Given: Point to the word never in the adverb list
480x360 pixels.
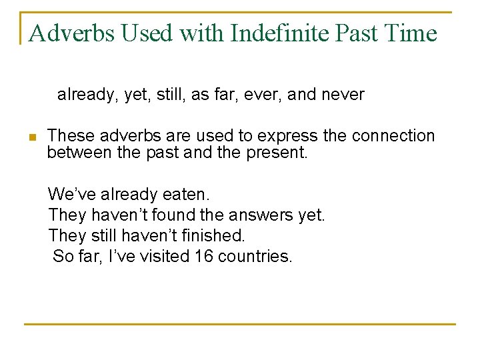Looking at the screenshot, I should pyautogui.click(x=343, y=95).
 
